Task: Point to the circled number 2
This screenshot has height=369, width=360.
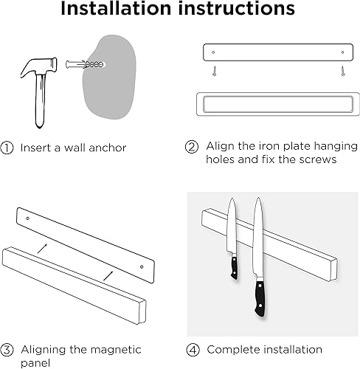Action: (191, 146)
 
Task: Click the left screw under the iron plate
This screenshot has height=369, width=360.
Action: (213, 70)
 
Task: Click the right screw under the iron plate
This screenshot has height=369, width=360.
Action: (342, 70)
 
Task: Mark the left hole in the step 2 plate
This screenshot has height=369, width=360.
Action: (213, 52)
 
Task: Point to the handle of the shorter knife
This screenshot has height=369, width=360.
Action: (234, 265)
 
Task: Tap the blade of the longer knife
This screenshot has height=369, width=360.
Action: (256, 236)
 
